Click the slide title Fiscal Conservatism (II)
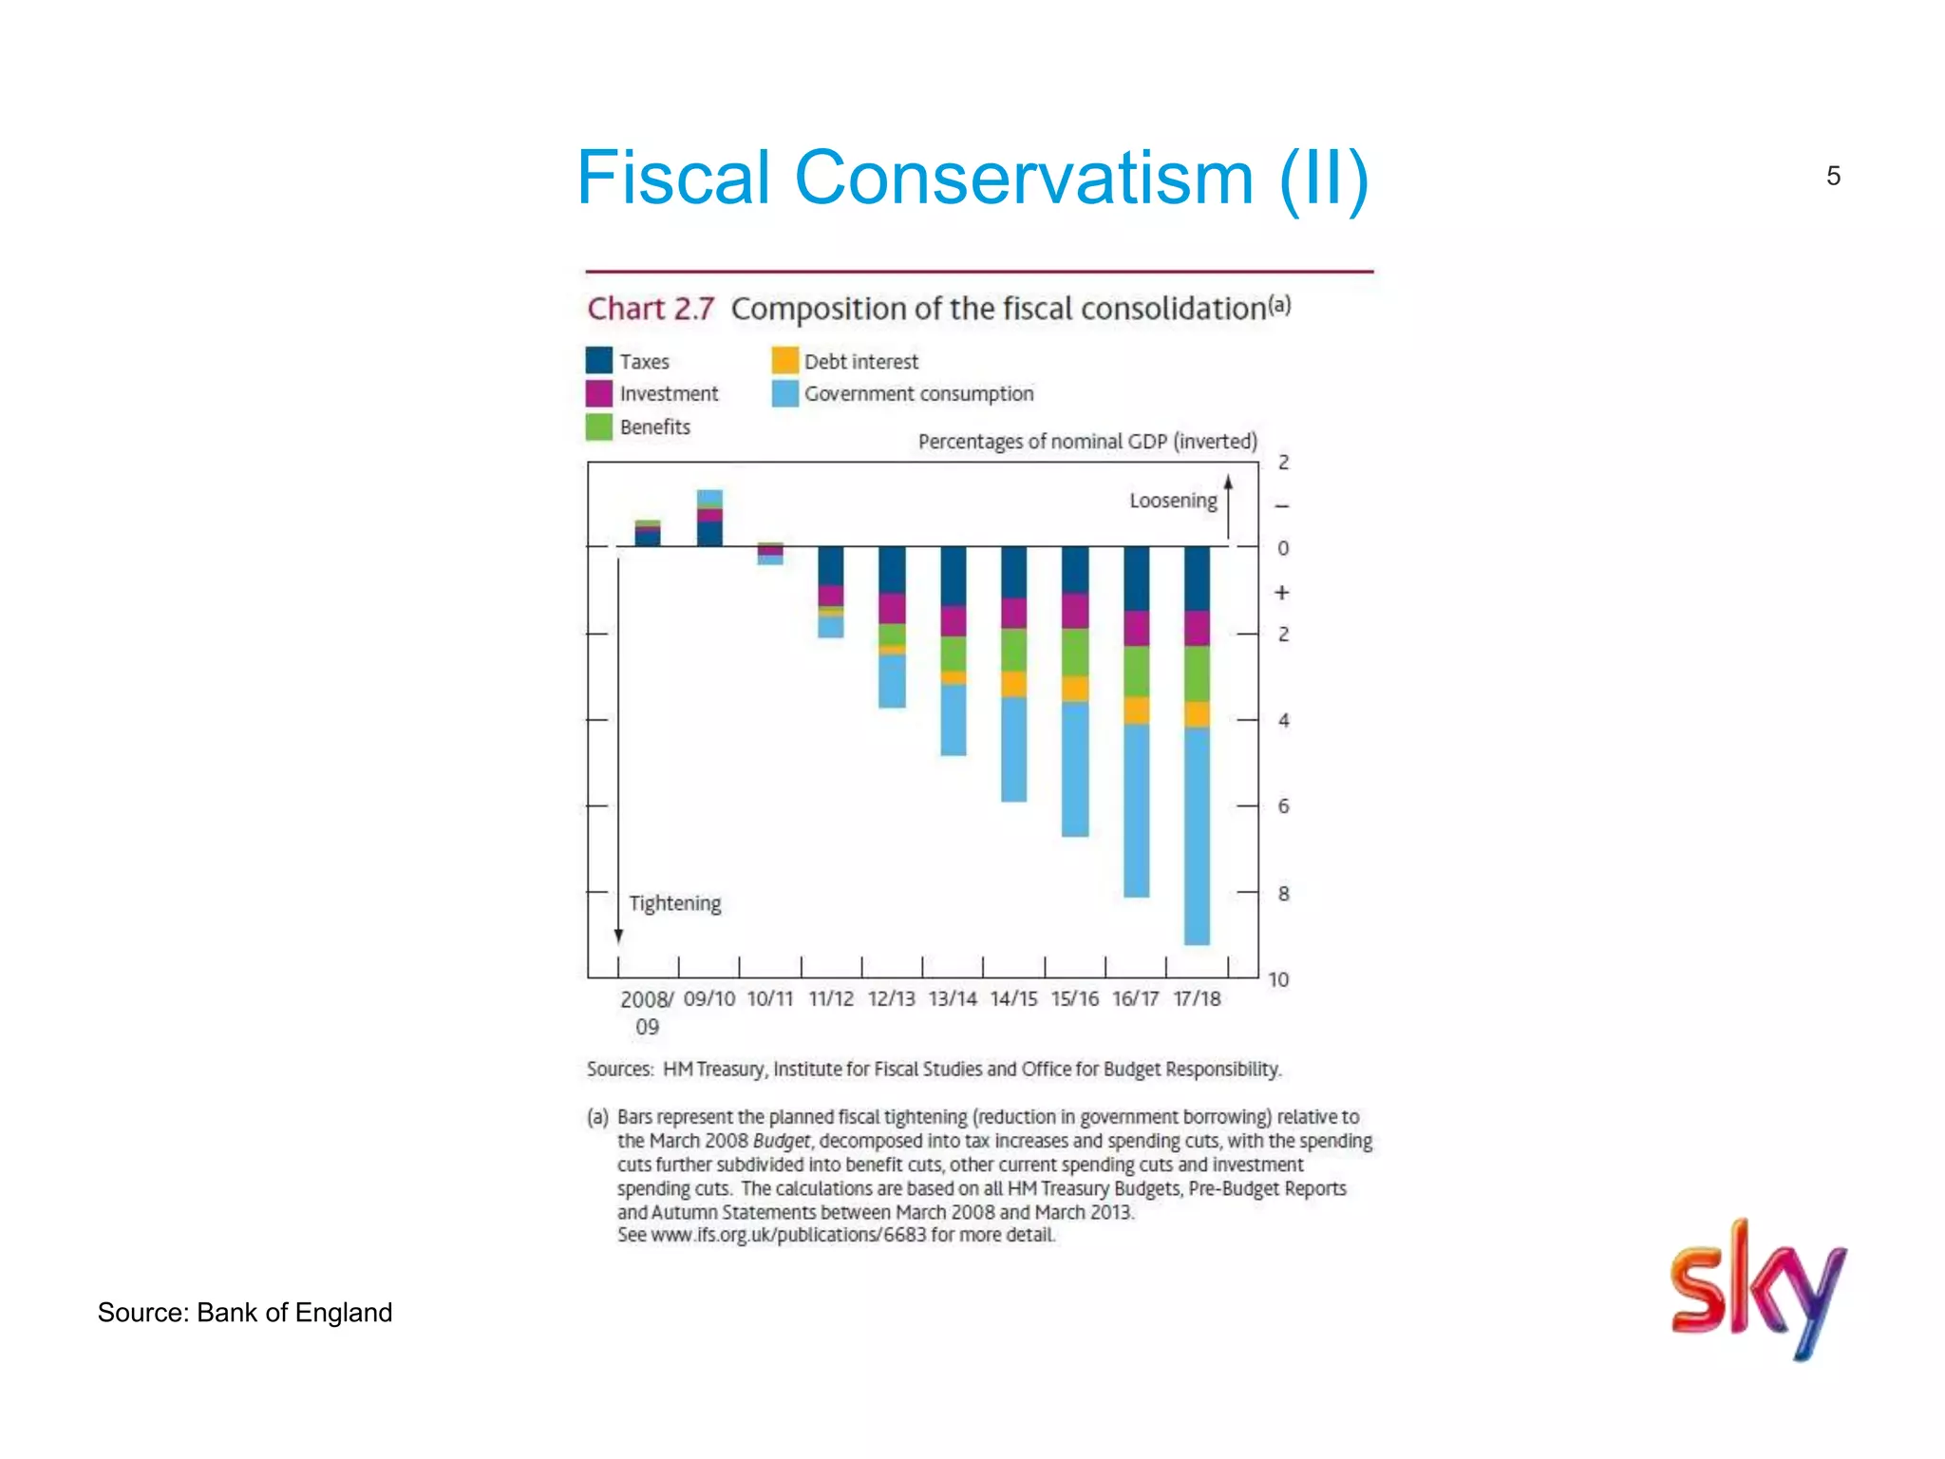click(972, 178)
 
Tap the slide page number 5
click(1833, 176)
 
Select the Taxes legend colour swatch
click(599, 361)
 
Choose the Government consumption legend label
click(918, 393)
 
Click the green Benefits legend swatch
click(599, 426)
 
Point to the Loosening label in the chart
click(1173, 501)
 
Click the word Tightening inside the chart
click(674, 903)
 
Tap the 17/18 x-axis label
click(1197, 999)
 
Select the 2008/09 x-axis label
click(647, 1012)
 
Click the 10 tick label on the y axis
click(1278, 979)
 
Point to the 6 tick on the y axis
click(1283, 806)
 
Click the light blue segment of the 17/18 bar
click(1197, 836)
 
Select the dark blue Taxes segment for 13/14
click(953, 576)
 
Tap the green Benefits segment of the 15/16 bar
click(1075, 653)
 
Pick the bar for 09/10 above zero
click(709, 519)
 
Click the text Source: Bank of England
click(245, 1313)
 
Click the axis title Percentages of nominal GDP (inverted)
click(1087, 442)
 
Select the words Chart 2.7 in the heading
click(651, 309)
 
